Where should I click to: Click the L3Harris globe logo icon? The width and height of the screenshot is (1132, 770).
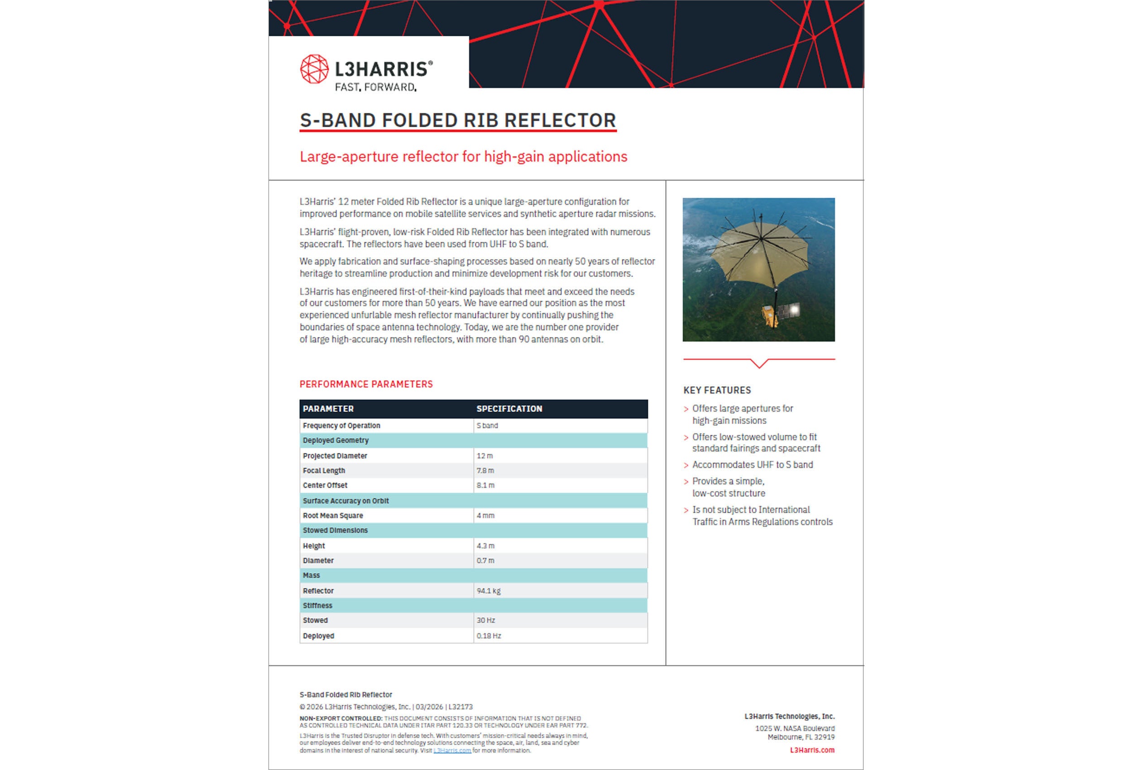click(314, 69)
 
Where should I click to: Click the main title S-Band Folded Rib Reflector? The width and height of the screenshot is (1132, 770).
click(458, 120)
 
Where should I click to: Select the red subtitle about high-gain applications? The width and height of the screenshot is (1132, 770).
click(463, 156)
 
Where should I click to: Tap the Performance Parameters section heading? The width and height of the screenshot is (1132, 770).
click(366, 384)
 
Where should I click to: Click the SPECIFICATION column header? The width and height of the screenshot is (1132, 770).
click(509, 409)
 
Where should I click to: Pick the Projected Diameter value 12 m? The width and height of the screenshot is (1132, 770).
click(484, 456)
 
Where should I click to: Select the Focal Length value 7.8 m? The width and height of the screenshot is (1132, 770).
click(485, 470)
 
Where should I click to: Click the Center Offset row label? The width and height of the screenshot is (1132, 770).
click(325, 486)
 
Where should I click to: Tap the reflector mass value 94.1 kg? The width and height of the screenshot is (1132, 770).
click(489, 591)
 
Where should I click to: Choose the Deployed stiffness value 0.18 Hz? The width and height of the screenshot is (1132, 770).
click(489, 636)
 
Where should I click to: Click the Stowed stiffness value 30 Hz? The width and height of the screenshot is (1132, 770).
click(486, 621)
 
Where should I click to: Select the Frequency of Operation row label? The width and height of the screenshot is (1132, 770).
click(341, 425)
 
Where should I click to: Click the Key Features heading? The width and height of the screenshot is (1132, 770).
click(717, 390)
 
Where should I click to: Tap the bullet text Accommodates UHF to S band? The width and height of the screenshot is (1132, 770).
click(753, 465)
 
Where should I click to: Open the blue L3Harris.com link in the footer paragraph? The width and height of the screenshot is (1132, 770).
click(452, 751)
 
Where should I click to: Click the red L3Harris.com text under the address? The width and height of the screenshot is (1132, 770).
click(812, 750)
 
